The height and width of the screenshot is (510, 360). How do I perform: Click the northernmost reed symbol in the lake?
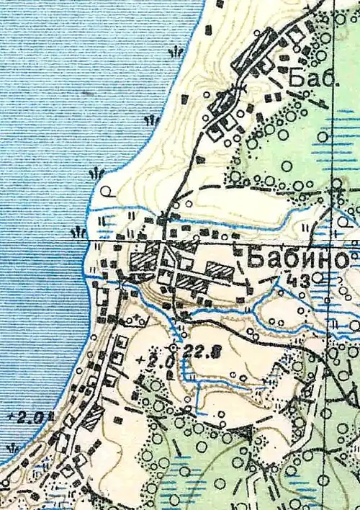click(x=174, y=52)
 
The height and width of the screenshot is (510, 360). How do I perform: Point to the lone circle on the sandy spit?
click(x=107, y=192)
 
